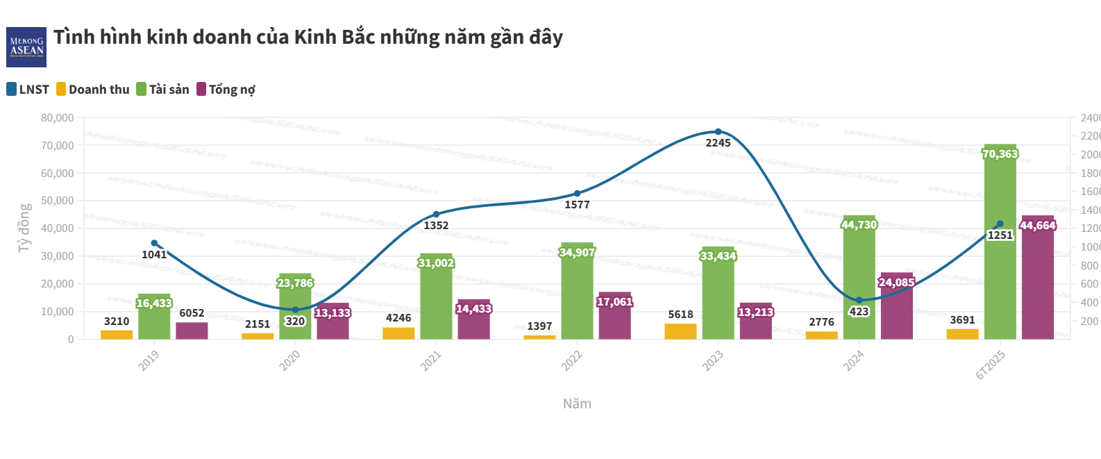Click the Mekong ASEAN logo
[x=26, y=47]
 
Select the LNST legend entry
[x=28, y=90]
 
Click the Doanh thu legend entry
[x=93, y=90]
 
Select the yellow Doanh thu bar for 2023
[x=680, y=331]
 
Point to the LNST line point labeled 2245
[x=718, y=132]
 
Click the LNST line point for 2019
[x=154, y=243]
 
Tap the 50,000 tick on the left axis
[x=58, y=201]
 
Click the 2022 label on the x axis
[x=571, y=360]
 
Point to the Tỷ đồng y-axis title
[x=24, y=228]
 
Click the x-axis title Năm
[x=577, y=404]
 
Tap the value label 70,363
[x=1000, y=154]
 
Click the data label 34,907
[x=577, y=253]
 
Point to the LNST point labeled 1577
[x=577, y=194]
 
